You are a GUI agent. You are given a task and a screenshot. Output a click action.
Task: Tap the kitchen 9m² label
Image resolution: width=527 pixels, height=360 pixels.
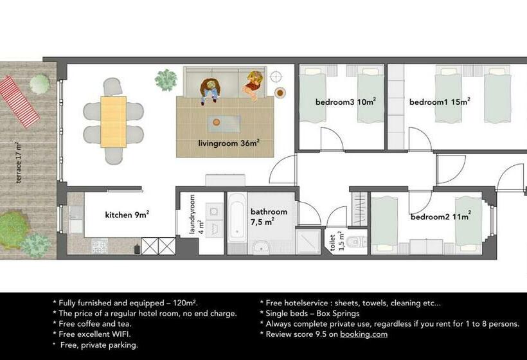(x=127, y=215)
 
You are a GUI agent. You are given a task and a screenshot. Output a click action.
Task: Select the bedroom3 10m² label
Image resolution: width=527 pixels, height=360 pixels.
(x=345, y=102)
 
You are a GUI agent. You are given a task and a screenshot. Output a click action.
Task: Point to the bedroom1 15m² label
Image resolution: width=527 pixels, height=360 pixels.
(x=440, y=102)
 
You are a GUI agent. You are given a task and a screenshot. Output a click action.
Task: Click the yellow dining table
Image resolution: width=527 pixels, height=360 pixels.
(x=114, y=122)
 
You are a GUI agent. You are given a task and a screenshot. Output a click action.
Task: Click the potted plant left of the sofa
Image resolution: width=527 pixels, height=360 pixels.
(x=166, y=80)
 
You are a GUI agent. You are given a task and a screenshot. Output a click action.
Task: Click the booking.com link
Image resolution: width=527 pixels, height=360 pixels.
(x=364, y=334)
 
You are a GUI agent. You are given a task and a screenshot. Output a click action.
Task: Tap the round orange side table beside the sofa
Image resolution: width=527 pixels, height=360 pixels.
(x=280, y=93)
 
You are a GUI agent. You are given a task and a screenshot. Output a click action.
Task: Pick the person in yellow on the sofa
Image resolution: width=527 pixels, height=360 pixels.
(x=252, y=84)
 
